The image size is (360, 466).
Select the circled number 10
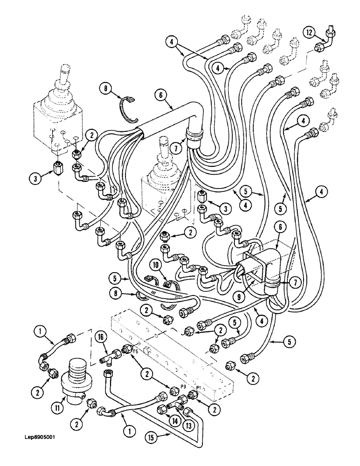click(x=155, y=265)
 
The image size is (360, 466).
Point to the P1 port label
click(x=199, y=388)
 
